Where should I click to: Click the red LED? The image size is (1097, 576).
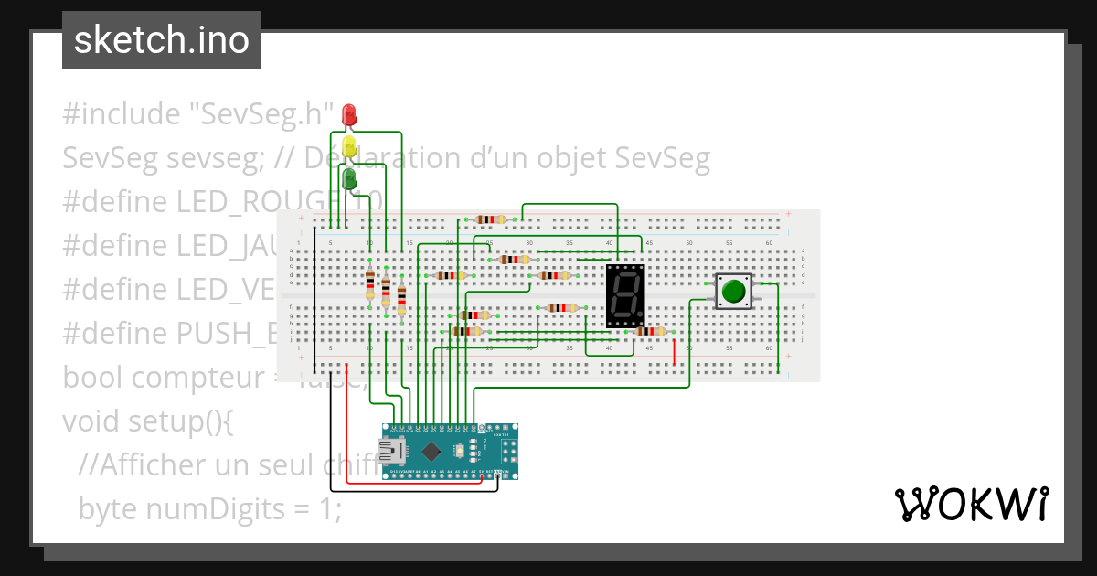point(348,115)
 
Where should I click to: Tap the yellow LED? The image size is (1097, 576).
point(348,146)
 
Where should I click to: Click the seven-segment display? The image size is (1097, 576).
point(625,296)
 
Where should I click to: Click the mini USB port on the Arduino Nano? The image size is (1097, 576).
point(393,451)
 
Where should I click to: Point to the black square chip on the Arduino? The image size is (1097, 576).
point(429,451)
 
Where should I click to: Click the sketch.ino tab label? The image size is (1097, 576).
point(162,40)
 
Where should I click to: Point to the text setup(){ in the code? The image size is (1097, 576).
point(189,421)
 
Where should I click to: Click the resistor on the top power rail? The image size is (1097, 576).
point(492,219)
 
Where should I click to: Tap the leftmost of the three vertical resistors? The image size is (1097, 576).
point(369,284)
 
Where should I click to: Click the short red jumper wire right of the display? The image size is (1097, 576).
point(675,352)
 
